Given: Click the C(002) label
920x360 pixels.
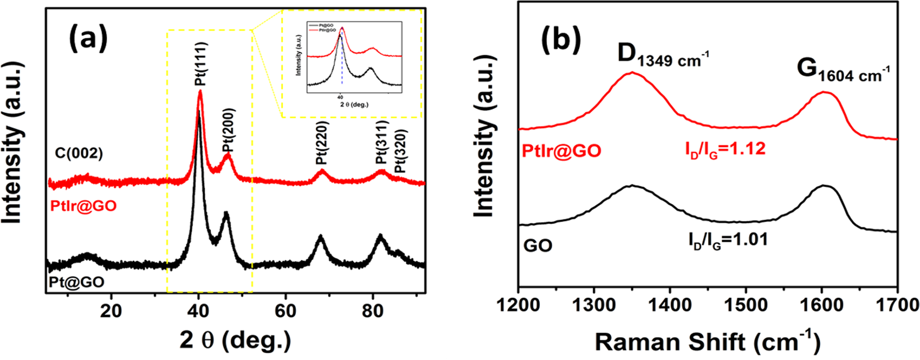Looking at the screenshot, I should (x=79, y=153).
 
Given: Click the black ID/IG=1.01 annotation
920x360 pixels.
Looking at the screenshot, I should (x=727, y=239).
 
